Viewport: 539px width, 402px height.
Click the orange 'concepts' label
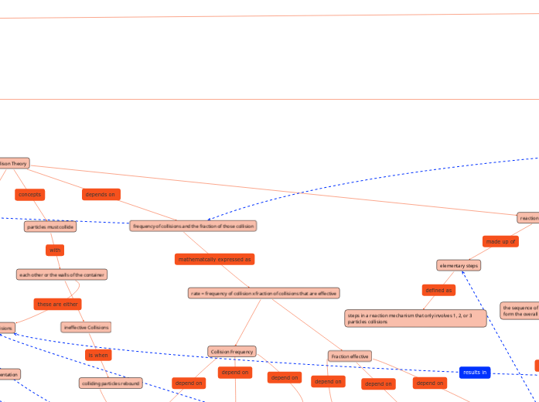(x=29, y=194)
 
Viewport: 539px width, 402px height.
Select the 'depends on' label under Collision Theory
(x=101, y=194)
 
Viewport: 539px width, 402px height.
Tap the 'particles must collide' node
(x=50, y=227)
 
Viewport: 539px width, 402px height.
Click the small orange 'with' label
(x=55, y=250)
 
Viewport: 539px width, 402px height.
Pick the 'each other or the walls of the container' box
(x=62, y=274)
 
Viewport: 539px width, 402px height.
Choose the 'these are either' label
(x=57, y=304)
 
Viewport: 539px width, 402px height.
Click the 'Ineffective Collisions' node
(x=86, y=327)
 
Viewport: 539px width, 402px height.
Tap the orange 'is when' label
(x=98, y=355)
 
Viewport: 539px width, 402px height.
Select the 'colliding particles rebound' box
(x=111, y=383)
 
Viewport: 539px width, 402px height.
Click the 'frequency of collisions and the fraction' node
(x=193, y=226)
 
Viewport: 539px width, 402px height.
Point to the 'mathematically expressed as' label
(x=215, y=259)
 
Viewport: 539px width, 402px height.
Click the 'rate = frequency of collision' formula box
(x=264, y=293)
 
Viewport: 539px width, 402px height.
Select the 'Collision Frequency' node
(x=232, y=351)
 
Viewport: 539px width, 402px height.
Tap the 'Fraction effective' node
(x=350, y=356)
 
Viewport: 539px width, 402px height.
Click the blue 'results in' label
(x=474, y=372)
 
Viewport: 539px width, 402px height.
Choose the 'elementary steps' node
(x=459, y=265)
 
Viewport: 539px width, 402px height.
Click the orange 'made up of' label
(x=500, y=241)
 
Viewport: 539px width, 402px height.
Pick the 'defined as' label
(x=438, y=290)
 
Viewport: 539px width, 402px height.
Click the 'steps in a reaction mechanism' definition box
(x=415, y=318)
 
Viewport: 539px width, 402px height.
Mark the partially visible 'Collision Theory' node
(x=14, y=163)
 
